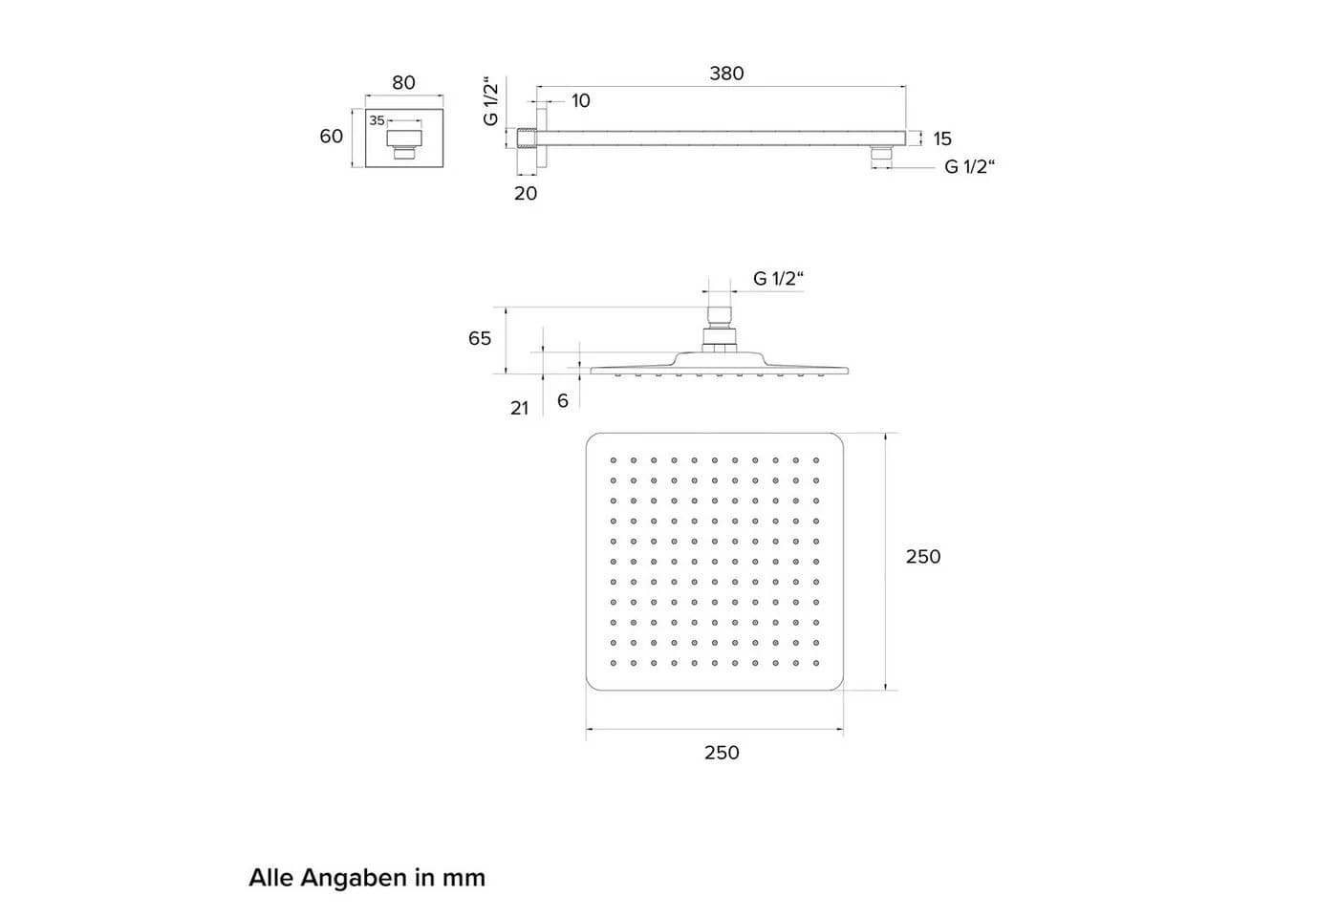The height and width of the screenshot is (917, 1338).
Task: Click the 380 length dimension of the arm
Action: click(726, 74)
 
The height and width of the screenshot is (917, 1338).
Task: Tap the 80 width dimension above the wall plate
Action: click(403, 83)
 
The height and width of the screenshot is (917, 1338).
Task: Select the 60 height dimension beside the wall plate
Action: click(331, 136)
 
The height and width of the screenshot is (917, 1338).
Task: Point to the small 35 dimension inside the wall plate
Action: click(377, 120)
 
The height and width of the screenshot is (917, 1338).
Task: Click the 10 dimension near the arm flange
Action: click(581, 101)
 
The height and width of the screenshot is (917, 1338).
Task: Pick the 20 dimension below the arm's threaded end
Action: click(526, 193)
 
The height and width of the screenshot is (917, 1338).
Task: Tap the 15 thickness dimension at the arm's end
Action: click(942, 139)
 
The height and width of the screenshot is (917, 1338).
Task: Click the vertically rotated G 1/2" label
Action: click(490, 101)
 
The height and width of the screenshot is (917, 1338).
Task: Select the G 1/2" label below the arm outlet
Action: click(970, 166)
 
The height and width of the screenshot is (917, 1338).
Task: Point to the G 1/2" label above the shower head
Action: click(778, 279)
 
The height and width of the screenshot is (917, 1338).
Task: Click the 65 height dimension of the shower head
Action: click(480, 338)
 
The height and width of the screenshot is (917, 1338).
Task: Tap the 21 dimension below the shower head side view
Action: click(520, 409)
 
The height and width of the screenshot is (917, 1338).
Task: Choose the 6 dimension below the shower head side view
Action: click(563, 401)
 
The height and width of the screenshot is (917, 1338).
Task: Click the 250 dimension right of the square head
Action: click(923, 556)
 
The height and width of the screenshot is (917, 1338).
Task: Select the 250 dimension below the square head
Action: click(722, 753)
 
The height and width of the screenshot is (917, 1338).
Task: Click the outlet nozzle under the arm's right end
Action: click(881, 153)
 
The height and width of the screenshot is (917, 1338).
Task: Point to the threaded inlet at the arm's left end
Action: click(527, 138)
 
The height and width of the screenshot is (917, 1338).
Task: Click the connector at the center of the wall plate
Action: click(404, 144)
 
